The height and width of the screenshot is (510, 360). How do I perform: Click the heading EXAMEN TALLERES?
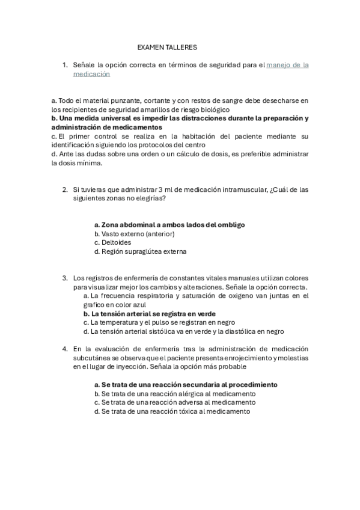(x=167, y=47)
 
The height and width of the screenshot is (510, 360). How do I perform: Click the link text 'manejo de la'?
(x=287, y=65)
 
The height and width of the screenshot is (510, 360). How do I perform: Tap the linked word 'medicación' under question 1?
(x=91, y=74)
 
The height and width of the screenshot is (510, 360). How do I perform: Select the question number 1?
(x=65, y=65)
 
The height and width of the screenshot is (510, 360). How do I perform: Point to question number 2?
(x=65, y=189)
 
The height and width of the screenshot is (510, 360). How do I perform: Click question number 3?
(x=65, y=278)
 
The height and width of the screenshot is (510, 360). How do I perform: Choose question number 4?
(x=65, y=349)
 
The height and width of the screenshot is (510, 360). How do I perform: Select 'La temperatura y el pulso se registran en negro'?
(x=159, y=322)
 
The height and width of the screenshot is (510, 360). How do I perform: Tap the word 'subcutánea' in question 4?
(x=91, y=358)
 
